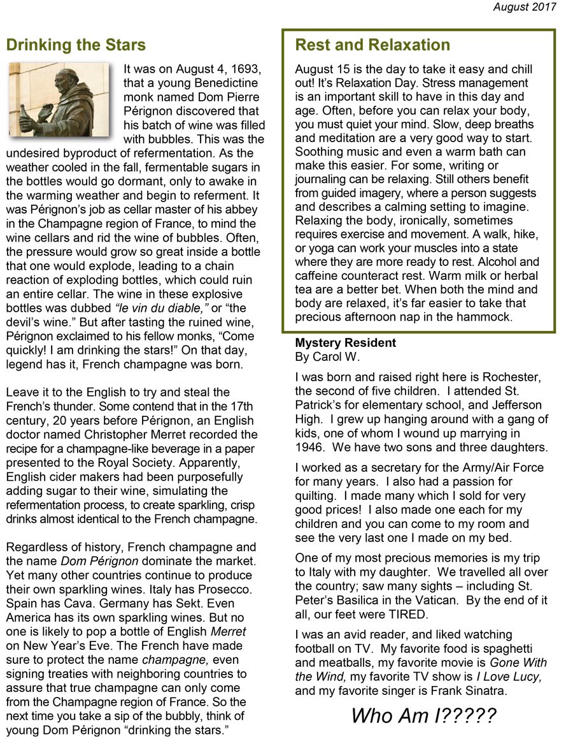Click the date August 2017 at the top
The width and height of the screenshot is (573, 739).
[x=524, y=7]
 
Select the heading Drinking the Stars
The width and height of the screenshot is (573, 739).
[x=76, y=45]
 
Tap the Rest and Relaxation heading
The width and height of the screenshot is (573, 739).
[x=372, y=45]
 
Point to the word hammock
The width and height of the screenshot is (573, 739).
[x=486, y=318]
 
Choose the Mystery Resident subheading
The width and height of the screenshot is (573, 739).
[x=345, y=342]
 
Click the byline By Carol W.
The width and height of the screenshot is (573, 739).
[x=327, y=356]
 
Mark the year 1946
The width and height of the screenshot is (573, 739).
[x=310, y=448]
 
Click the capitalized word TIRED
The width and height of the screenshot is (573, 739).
[x=402, y=614]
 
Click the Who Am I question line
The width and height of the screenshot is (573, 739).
[x=423, y=715]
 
